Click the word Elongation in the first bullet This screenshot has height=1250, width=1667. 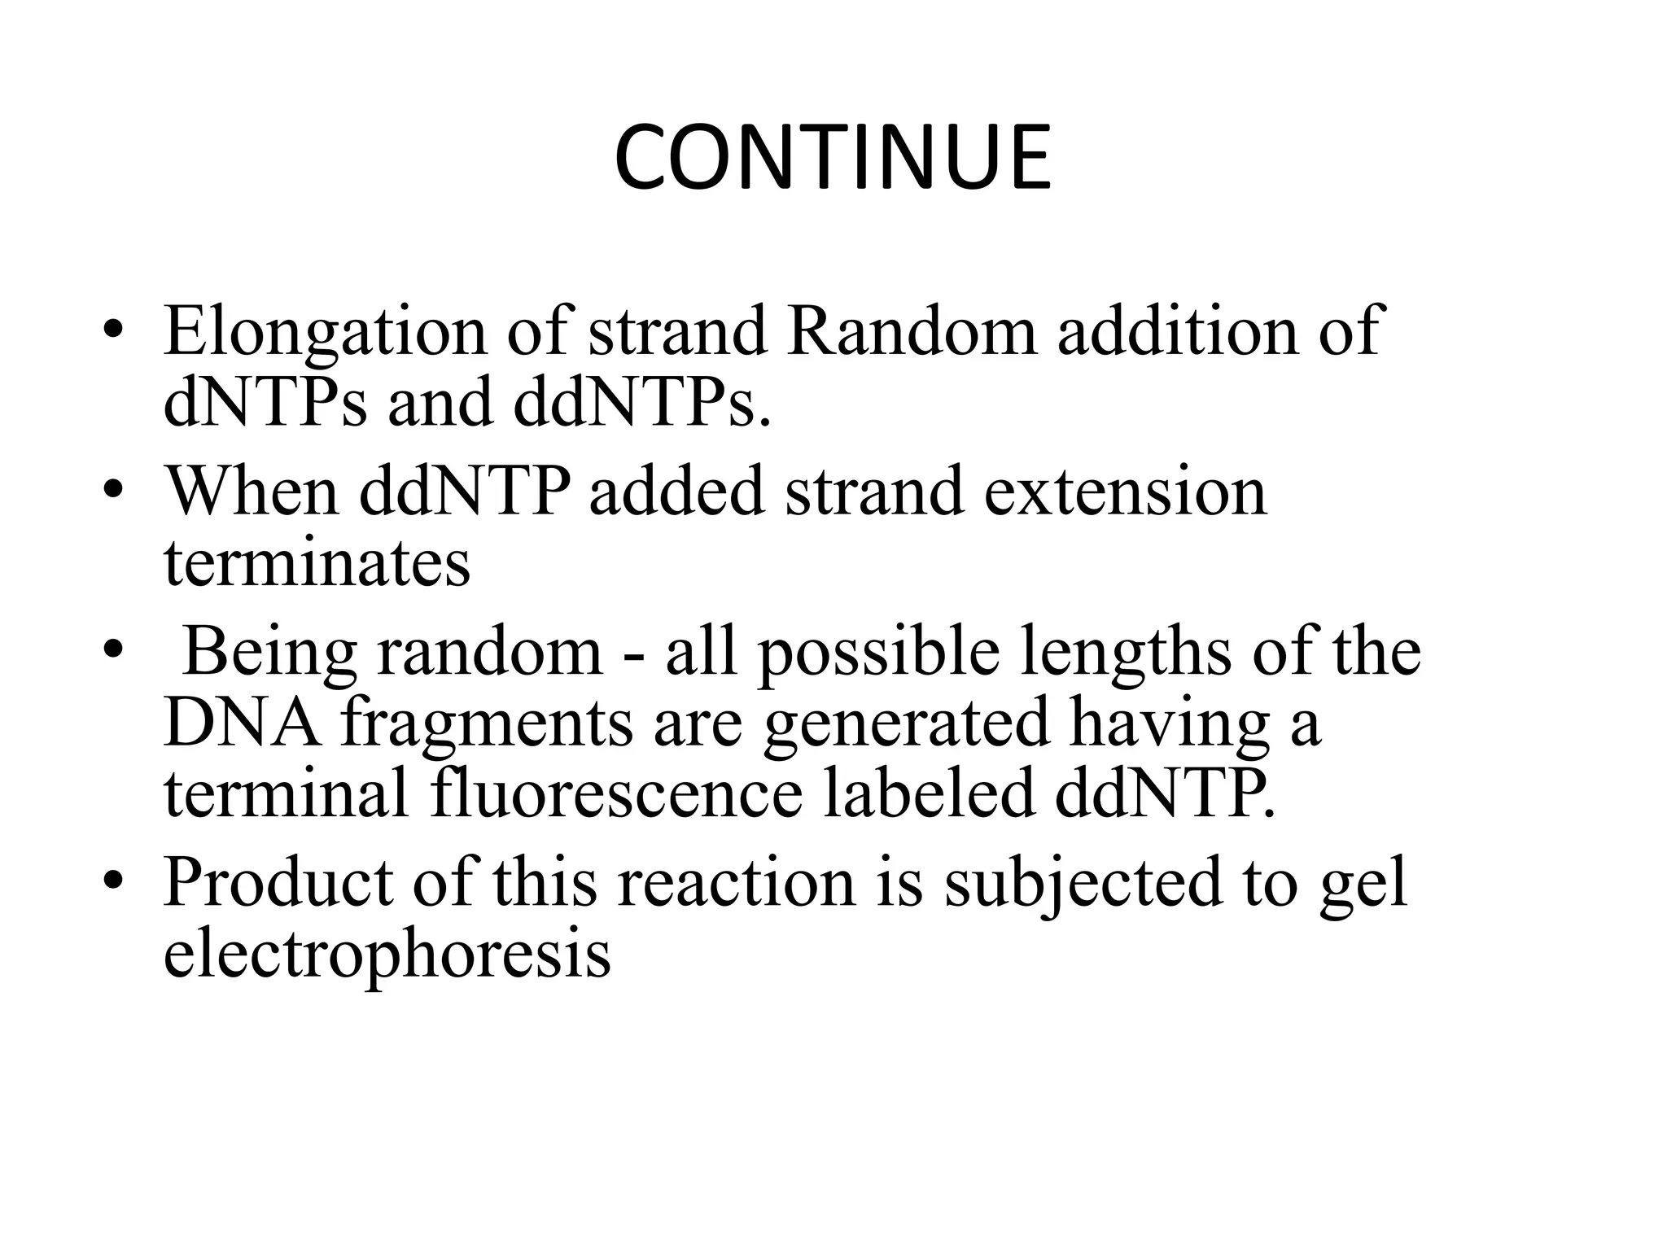click(324, 332)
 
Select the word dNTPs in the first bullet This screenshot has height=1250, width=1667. click(265, 403)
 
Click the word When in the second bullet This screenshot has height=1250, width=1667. click(252, 492)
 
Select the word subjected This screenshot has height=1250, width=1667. click(1083, 883)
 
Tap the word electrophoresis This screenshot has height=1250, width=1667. click(387, 954)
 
